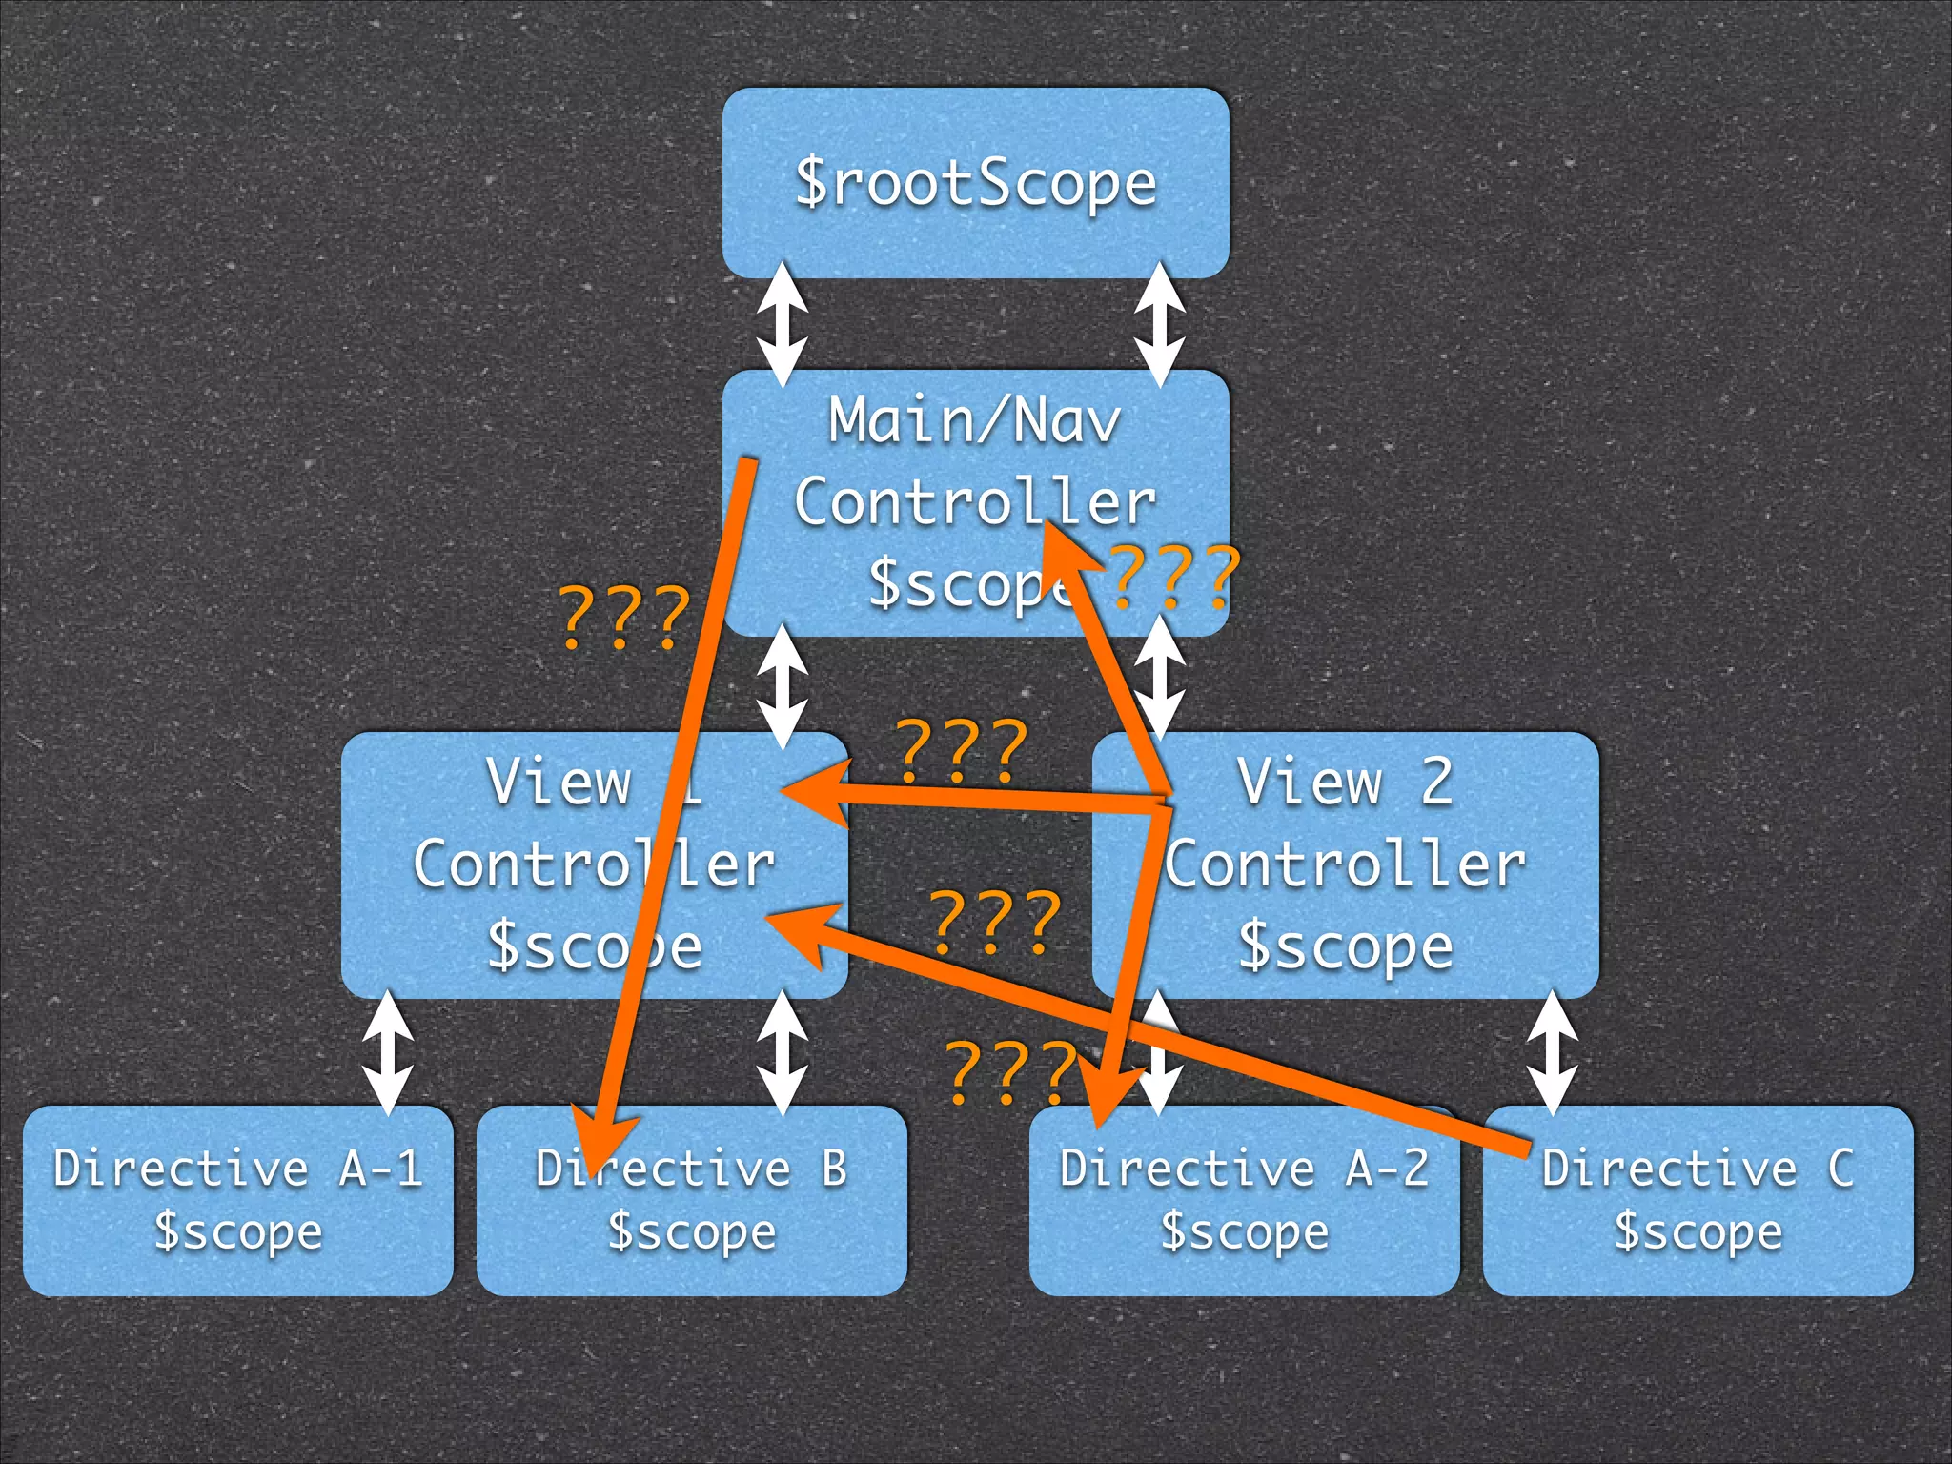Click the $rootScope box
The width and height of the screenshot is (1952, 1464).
pyautogui.click(x=975, y=183)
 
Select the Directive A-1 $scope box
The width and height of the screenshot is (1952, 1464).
pyautogui.click(x=237, y=1200)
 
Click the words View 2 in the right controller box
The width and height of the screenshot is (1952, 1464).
pyautogui.click(x=1344, y=782)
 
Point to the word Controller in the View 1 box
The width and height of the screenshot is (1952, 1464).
pyautogui.click(x=593, y=864)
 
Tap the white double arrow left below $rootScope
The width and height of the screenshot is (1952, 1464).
pyautogui.click(x=782, y=324)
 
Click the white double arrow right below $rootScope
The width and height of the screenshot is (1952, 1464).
pyautogui.click(x=1160, y=324)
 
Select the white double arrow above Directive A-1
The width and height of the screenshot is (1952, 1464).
pyautogui.click(x=388, y=1052)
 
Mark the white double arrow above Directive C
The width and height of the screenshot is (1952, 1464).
pyautogui.click(x=1553, y=1052)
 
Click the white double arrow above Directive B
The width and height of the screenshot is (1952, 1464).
pyautogui.click(x=782, y=1052)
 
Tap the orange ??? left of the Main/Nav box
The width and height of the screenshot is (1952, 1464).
pyautogui.click(x=623, y=618)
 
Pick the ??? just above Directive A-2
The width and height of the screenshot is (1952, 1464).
pyautogui.click(x=1010, y=1072)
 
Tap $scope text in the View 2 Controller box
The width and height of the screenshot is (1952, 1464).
pyautogui.click(x=1344, y=946)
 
